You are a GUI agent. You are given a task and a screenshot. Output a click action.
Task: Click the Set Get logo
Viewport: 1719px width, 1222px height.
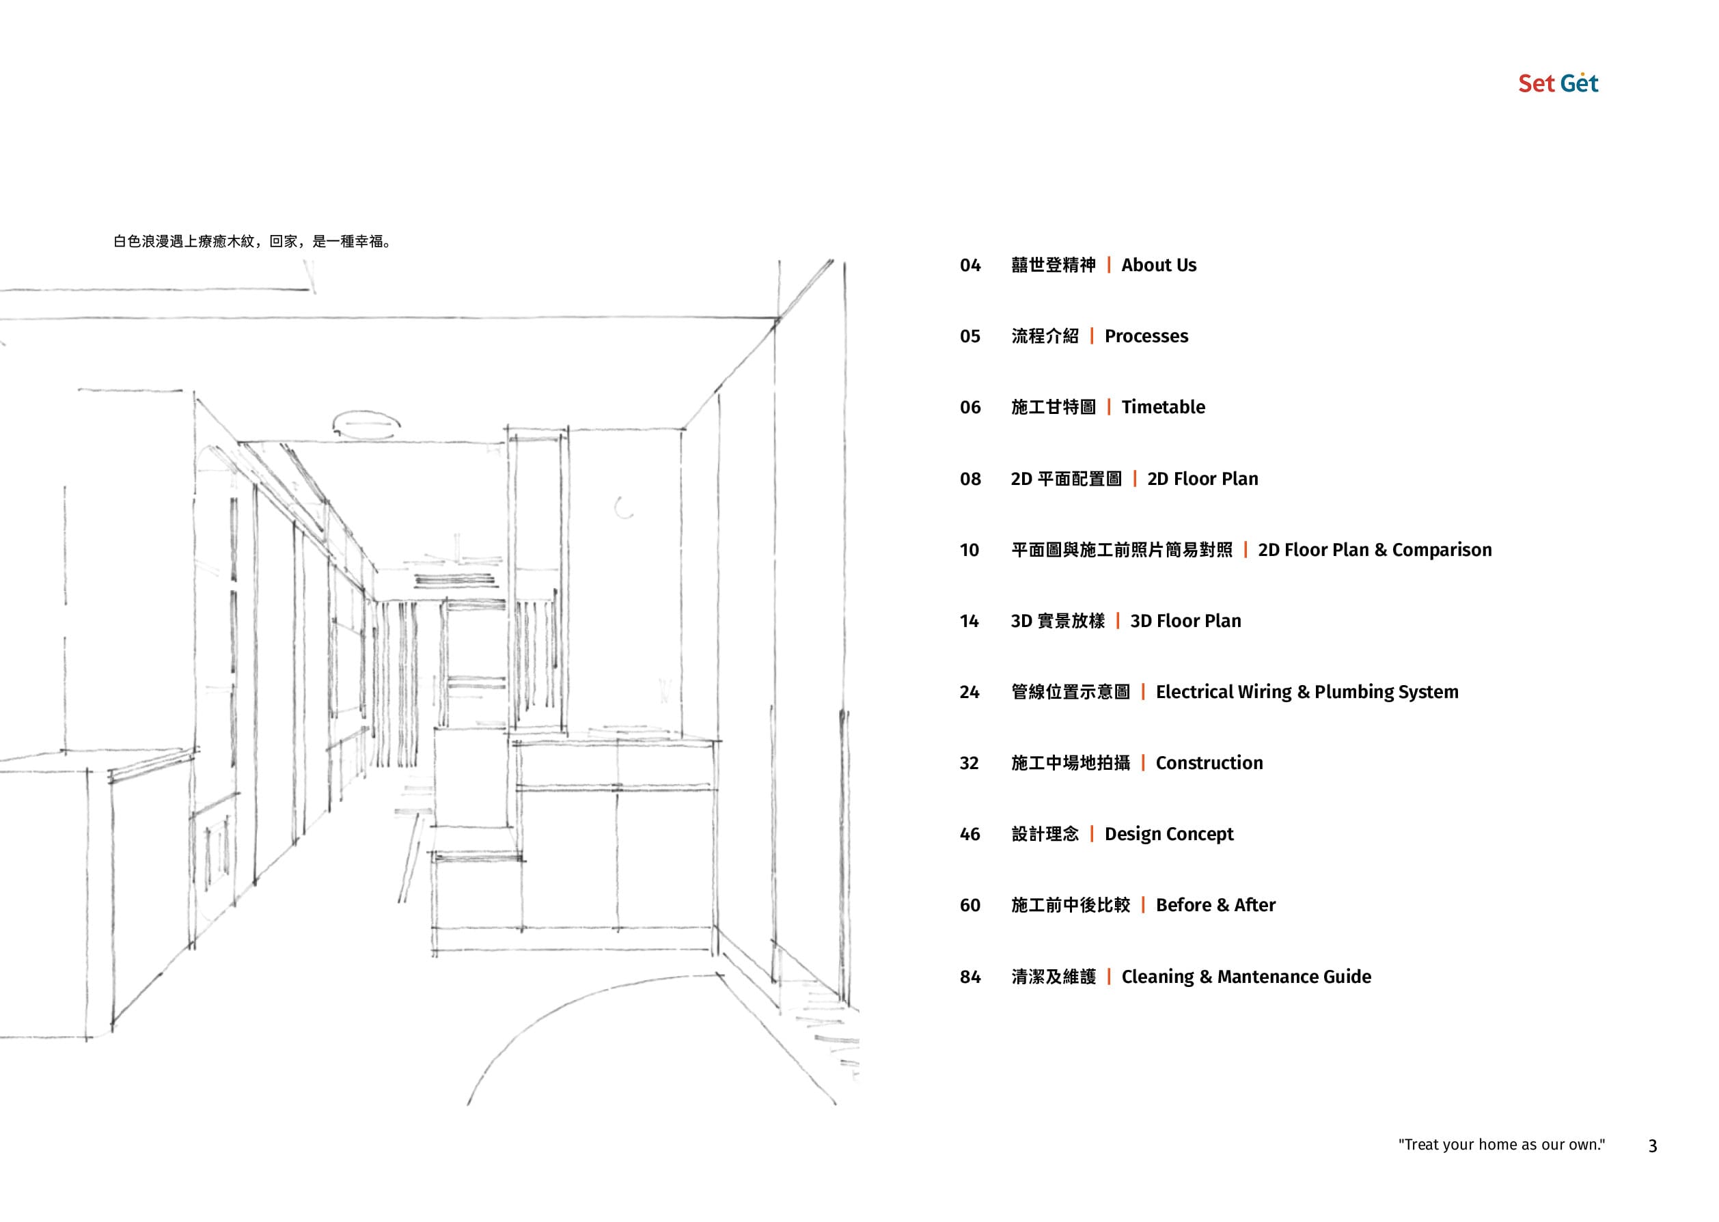click(1558, 83)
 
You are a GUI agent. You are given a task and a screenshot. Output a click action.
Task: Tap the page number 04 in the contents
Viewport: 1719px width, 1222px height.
click(970, 266)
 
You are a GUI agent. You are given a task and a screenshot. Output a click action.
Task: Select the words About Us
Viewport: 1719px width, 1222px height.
click(1158, 266)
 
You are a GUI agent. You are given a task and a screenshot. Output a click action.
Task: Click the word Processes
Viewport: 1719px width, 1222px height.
click(1146, 336)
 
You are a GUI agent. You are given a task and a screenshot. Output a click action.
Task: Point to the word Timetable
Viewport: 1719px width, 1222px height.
click(1163, 407)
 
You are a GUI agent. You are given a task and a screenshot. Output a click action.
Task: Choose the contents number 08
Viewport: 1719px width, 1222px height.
click(970, 480)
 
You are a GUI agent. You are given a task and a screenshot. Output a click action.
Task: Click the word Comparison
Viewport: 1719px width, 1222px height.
click(1442, 550)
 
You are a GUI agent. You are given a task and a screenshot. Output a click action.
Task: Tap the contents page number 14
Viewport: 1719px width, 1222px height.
click(969, 622)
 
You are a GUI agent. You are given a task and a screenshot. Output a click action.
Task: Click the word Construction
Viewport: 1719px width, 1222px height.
click(1209, 763)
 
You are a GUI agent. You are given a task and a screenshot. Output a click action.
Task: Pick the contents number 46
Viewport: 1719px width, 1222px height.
click(970, 835)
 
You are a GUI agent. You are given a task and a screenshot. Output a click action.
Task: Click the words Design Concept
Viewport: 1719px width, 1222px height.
click(1169, 835)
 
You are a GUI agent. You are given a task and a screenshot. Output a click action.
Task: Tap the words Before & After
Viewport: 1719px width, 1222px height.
click(1215, 905)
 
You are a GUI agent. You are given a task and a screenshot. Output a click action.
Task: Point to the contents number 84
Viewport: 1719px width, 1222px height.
click(970, 977)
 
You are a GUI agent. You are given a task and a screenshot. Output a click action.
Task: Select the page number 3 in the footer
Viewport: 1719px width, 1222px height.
click(1653, 1146)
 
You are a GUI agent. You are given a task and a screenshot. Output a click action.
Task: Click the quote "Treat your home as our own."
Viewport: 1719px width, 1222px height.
click(1502, 1145)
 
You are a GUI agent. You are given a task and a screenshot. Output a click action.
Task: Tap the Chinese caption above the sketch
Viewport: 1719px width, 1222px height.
click(251, 242)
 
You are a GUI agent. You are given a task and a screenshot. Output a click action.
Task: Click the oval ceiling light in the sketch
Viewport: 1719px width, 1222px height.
click(366, 423)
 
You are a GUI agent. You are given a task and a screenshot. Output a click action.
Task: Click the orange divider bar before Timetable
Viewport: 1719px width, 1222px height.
click(1109, 407)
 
